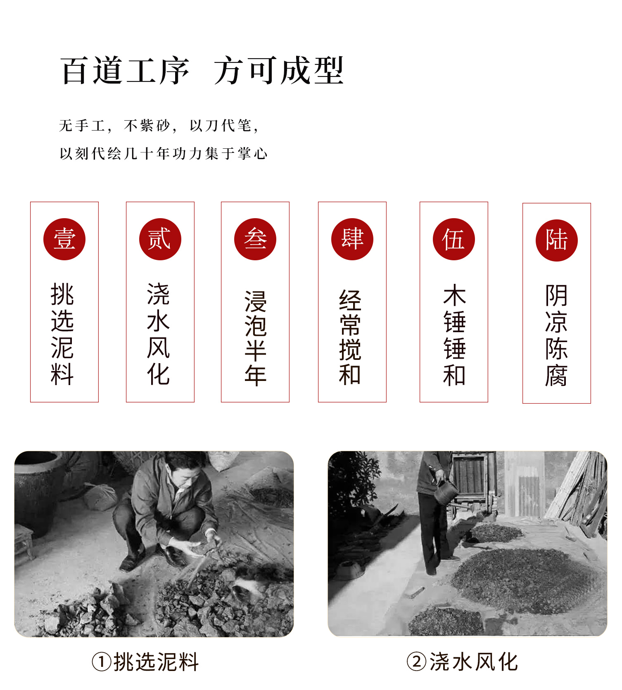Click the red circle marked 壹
point(64,239)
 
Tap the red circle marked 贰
point(160,239)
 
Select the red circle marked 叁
point(255,239)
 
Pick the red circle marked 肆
point(352,239)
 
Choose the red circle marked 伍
point(454,239)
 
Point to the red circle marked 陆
point(557,240)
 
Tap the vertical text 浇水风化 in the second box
point(159,334)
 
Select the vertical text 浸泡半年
point(256,338)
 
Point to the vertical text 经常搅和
point(350,338)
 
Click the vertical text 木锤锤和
point(454,335)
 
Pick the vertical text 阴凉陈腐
point(556,335)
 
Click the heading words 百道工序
point(126,71)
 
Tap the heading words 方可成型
point(279,71)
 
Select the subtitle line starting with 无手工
point(159,126)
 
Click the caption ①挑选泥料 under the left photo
point(145,662)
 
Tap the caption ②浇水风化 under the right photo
point(462,662)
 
